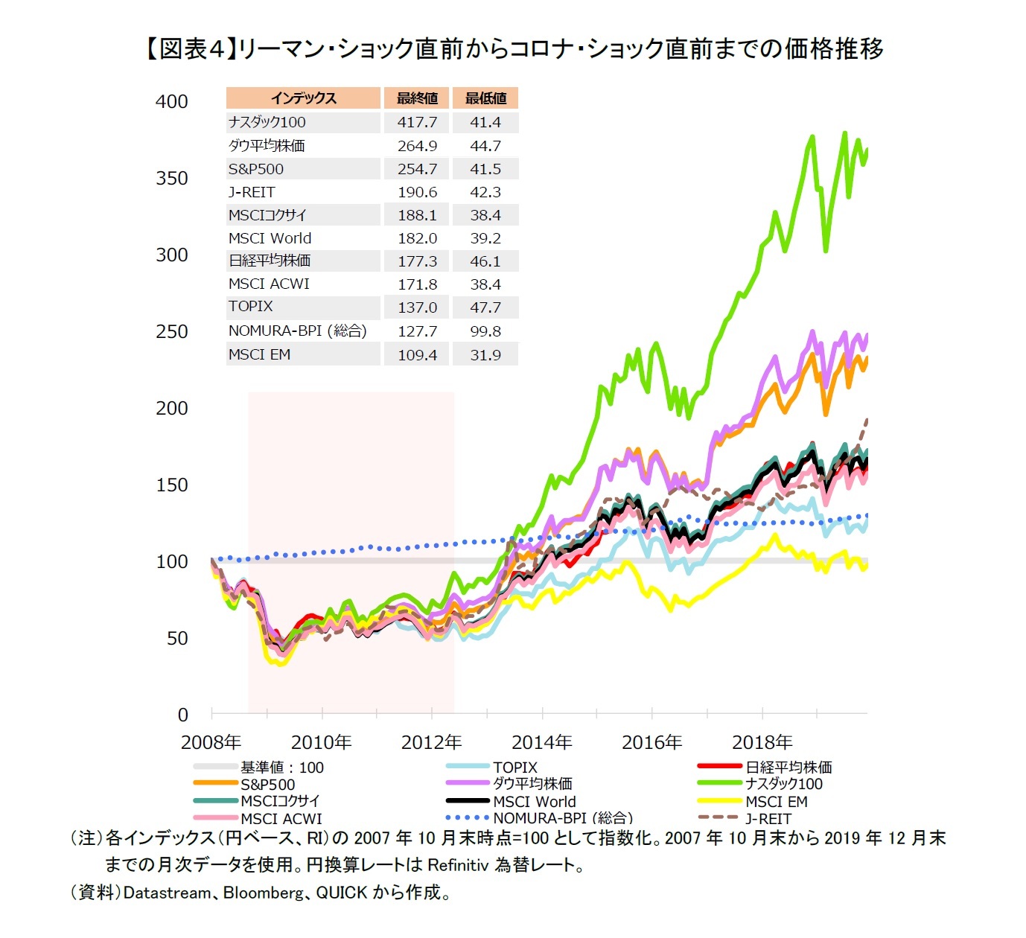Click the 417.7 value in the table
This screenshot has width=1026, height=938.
point(417,122)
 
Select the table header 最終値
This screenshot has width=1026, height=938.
point(417,98)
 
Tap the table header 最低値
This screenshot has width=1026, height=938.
point(485,98)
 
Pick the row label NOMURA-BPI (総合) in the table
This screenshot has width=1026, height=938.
point(297,331)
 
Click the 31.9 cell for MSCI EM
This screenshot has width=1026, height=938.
point(485,355)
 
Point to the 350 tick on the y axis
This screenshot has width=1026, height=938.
point(171,179)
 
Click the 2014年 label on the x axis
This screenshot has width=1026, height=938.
point(542,742)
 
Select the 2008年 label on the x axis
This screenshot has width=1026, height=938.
point(211,742)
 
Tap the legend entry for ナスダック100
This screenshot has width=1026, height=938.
point(783,784)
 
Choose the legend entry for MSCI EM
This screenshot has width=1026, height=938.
point(776,802)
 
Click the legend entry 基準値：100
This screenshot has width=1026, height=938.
point(281,768)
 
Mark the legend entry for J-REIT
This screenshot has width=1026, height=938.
point(768,818)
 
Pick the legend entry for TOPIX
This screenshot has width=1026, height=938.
point(514,768)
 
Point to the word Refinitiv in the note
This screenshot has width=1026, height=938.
point(458,865)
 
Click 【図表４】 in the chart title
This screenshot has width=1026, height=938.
point(188,49)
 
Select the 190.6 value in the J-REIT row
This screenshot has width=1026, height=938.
point(417,192)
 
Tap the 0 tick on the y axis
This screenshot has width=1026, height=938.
point(182,715)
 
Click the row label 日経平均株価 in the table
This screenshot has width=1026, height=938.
point(270,261)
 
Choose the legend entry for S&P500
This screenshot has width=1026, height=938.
point(267,785)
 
